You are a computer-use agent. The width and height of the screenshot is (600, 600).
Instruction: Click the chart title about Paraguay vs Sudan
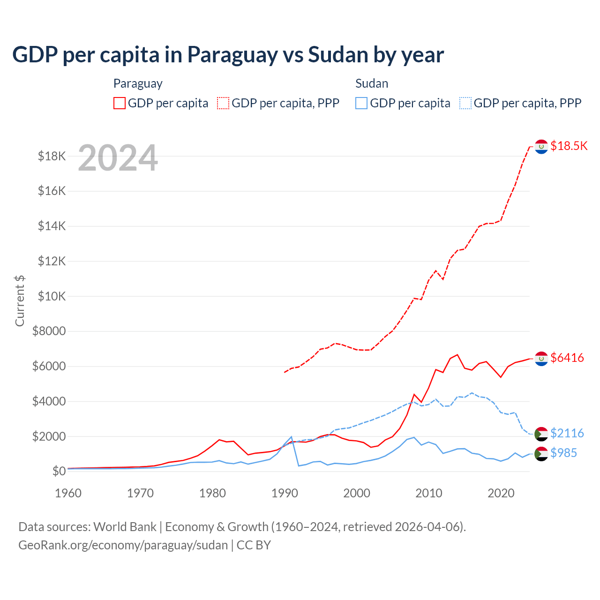pyautogui.click(x=228, y=55)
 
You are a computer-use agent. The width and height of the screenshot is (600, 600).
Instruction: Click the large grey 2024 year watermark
pyautogui.click(x=118, y=158)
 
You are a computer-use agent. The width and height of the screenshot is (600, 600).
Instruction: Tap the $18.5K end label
pyautogui.click(x=569, y=146)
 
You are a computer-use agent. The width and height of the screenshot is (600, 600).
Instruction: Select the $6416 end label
pyautogui.click(x=567, y=358)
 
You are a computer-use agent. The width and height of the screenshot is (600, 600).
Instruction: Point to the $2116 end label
pyautogui.click(x=567, y=433)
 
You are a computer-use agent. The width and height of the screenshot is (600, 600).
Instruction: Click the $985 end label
pyautogui.click(x=563, y=453)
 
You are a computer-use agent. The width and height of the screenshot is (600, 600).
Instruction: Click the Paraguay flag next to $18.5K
pyautogui.click(x=541, y=147)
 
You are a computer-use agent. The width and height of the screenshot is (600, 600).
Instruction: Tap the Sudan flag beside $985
pyautogui.click(x=541, y=453)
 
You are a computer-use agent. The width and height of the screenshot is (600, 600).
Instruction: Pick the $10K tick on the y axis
pyautogui.click(x=52, y=296)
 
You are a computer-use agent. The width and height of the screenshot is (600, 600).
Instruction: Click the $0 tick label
pyautogui.click(x=59, y=471)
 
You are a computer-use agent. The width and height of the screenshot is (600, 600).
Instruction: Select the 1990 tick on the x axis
pyautogui.click(x=285, y=493)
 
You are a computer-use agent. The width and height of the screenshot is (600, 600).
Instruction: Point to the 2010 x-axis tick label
pyautogui.click(x=429, y=493)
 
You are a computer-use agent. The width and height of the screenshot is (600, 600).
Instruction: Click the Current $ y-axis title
pyautogui.click(x=20, y=300)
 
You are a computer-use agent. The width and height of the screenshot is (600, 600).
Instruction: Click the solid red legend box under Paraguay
pyautogui.click(x=120, y=103)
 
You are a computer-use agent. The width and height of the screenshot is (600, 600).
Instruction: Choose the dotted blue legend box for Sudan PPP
pyautogui.click(x=465, y=103)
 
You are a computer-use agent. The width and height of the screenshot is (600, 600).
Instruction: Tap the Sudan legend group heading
pyautogui.click(x=372, y=83)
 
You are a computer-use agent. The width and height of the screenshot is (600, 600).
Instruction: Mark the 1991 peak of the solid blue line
pyautogui.click(x=292, y=436)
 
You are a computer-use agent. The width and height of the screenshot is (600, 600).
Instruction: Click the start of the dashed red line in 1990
pyautogui.click(x=285, y=372)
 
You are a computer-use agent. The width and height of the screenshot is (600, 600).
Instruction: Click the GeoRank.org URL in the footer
pyautogui.click(x=123, y=545)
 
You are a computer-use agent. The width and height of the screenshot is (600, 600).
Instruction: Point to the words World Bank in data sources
pyautogui.click(x=125, y=527)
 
